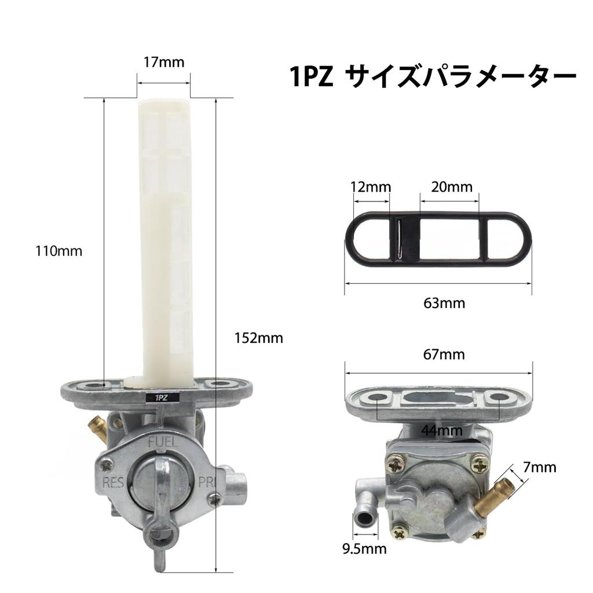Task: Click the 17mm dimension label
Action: pos(164,61)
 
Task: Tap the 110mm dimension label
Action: pos(59,251)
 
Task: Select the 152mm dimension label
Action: pos(259,338)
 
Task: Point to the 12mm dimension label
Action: pos(371,187)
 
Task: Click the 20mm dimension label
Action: pos(452,187)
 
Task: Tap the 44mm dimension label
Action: pos(442,430)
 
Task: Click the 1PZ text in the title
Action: pos(311,77)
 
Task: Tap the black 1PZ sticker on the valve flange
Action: pos(159,398)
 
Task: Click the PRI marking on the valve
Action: pos(207,482)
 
